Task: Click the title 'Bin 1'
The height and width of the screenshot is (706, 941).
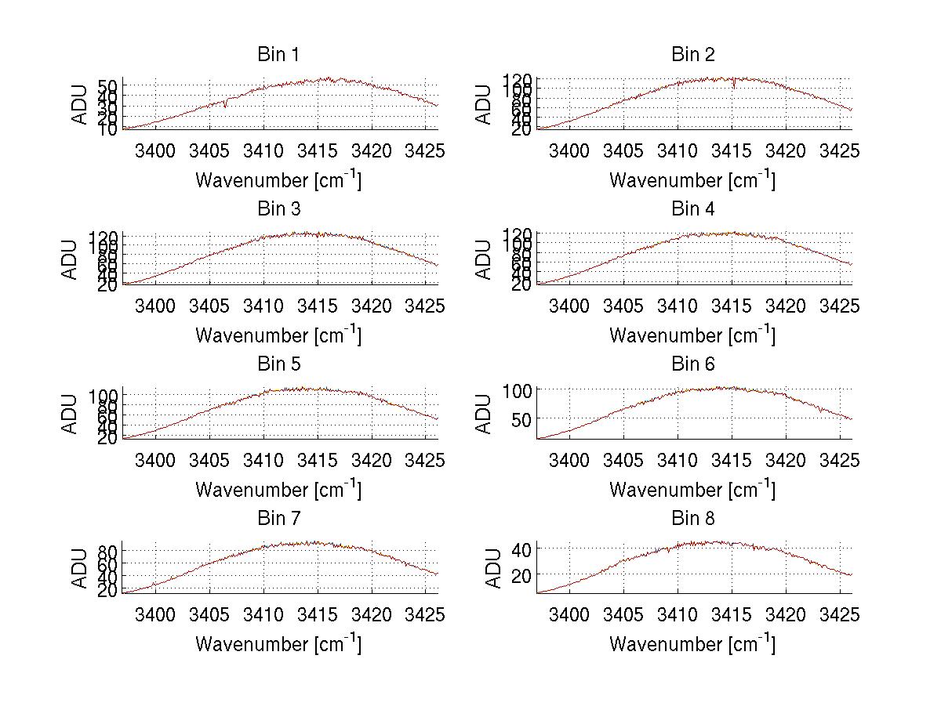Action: (278, 55)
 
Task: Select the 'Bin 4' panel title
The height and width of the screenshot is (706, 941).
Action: (692, 209)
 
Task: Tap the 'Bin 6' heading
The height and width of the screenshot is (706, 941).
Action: (692, 364)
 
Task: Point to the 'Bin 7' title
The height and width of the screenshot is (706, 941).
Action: (278, 518)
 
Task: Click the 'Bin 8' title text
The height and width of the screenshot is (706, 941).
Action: (692, 518)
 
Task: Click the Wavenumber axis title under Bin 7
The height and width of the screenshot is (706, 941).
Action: (278, 643)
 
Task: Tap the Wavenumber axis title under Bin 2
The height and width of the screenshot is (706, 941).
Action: (692, 179)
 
